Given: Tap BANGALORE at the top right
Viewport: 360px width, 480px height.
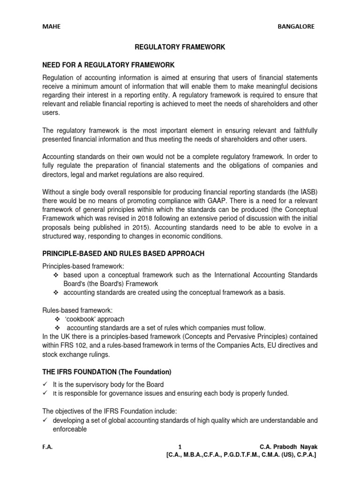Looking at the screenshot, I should [297, 27].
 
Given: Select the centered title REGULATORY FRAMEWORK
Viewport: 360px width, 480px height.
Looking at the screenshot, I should [180, 47].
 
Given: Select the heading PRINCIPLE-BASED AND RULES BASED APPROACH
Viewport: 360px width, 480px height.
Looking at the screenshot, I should [123, 254].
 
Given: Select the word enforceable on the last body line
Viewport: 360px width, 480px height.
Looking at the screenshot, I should [69, 428].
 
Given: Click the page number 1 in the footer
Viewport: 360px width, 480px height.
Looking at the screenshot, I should [180, 447].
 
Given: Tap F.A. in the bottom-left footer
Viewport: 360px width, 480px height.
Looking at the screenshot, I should [47, 447].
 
